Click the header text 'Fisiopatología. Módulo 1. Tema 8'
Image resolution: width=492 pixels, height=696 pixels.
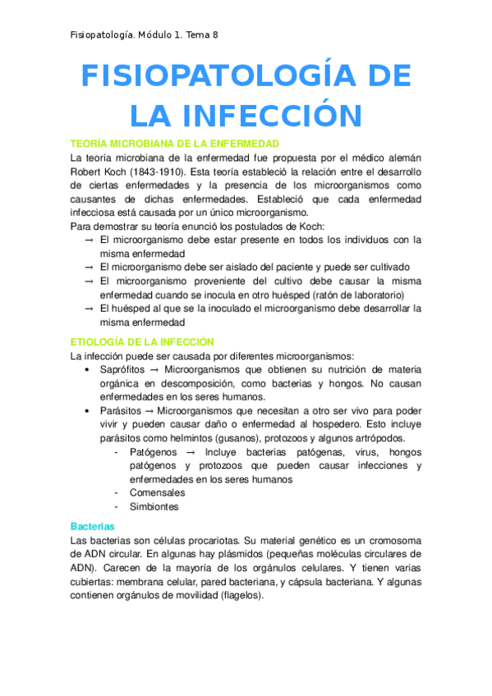pyautogui.click(x=144, y=34)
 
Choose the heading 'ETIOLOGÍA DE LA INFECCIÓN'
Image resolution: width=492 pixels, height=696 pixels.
pyautogui.click(x=142, y=341)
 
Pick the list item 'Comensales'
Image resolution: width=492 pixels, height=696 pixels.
pyautogui.click(x=157, y=492)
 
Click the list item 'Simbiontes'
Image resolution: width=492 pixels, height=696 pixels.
pyautogui.click(x=154, y=506)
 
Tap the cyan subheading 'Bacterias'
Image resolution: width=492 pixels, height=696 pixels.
pyautogui.click(x=93, y=525)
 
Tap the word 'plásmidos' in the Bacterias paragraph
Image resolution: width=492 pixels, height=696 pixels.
pyautogui.click(x=229, y=554)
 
